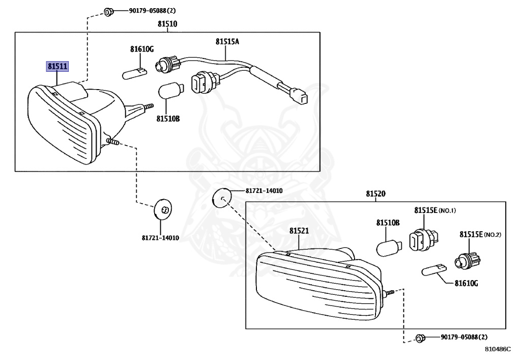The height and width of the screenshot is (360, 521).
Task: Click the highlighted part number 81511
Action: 57,66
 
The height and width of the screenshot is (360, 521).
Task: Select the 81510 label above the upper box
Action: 167,23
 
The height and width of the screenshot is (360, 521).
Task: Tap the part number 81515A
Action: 226,42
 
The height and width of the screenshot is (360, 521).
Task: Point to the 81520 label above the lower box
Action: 375,194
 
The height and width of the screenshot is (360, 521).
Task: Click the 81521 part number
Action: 299,231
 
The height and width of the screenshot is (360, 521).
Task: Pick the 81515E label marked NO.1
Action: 425,210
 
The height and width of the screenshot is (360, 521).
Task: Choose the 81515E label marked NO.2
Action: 471,234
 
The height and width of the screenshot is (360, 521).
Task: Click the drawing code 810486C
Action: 497,349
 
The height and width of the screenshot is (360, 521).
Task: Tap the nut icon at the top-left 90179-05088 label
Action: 108,11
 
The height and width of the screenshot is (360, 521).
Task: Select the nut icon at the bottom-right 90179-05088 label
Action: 420,337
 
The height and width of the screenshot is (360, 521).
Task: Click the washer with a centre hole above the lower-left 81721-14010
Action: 163,209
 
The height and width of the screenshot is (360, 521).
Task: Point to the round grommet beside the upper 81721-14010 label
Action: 221,197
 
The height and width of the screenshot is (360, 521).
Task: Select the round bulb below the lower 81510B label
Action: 388,247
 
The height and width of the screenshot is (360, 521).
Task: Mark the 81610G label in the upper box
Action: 141,49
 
